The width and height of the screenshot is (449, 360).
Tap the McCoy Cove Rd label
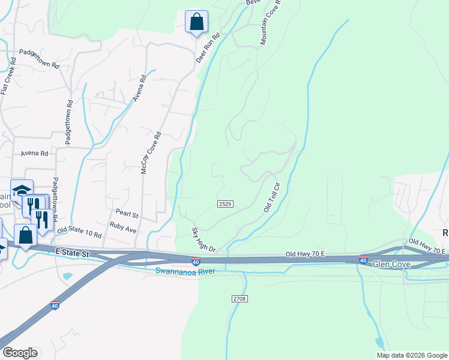(x=151, y=154)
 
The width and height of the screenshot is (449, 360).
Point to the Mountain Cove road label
(x=271, y=23)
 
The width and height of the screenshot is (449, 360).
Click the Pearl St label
(x=127, y=214)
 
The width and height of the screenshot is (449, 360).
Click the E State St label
(x=70, y=254)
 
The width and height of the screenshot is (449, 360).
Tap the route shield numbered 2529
(x=224, y=205)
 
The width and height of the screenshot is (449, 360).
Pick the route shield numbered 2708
(x=238, y=298)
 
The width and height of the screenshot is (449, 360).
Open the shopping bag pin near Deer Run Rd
(x=196, y=23)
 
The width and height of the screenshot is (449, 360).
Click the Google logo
(x=20, y=353)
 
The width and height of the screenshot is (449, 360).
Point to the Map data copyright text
(x=412, y=355)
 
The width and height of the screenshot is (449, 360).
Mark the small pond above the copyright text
(x=379, y=343)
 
